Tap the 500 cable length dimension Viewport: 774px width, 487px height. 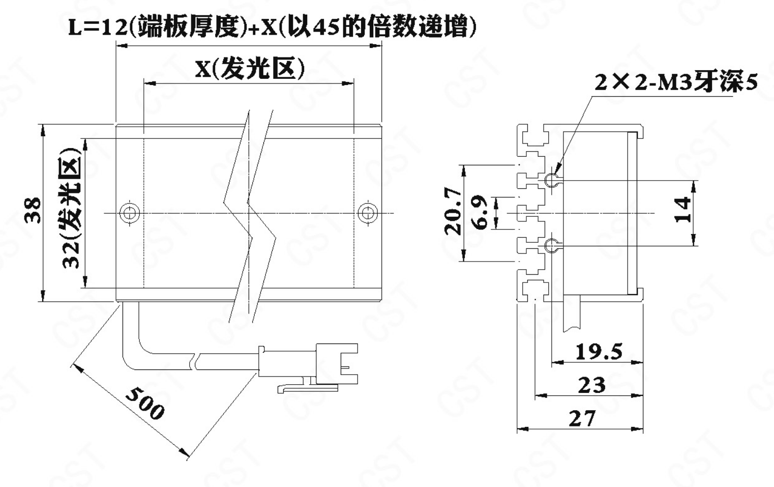coord(145,403)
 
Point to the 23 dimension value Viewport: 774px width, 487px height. coord(592,385)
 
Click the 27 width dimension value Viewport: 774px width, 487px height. coord(582,418)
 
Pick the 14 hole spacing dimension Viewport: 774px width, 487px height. coord(682,210)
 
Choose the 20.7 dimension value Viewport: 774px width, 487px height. coord(453,212)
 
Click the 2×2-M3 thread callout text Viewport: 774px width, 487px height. coord(676,82)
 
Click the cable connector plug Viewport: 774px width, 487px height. coord(308,366)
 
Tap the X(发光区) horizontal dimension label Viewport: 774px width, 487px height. coord(250,69)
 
